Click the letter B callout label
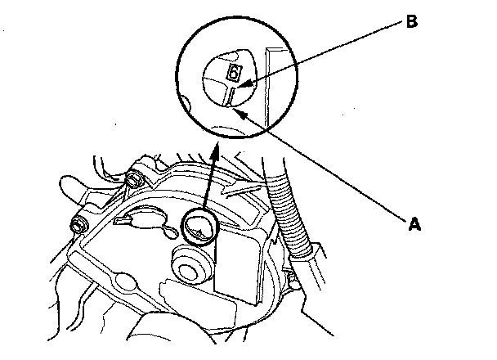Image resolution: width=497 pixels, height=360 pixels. (x=410, y=23)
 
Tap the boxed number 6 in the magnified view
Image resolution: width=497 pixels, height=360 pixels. (x=233, y=74)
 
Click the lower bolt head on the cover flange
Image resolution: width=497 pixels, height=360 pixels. (x=79, y=224)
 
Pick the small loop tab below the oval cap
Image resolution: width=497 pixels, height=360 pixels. (x=169, y=235)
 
